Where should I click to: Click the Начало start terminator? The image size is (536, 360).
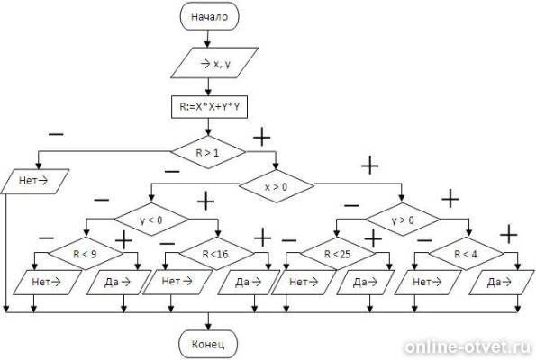pos(209,16)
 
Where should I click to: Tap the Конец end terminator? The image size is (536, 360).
pos(208,344)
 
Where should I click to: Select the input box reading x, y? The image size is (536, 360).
pos(214,63)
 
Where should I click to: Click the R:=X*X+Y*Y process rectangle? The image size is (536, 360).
pos(209,107)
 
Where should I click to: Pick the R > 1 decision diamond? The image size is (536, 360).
pos(208,152)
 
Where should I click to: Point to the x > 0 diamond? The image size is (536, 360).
pos(277,186)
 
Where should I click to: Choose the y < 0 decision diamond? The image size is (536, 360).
pos(151,220)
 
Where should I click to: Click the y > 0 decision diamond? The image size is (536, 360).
pos(403,220)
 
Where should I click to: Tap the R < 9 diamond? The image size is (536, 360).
pos(85,254)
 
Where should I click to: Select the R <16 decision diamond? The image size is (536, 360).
pos(216,254)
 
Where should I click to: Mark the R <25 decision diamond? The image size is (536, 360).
pos(338,254)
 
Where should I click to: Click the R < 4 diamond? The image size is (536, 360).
pos(467,254)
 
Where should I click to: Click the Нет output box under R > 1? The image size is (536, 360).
pos(35,181)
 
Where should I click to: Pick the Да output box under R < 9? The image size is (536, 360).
pos(119,282)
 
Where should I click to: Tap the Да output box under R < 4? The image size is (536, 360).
pos(501,282)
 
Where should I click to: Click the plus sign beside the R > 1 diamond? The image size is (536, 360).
pos(262,138)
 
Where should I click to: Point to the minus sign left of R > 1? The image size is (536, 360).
pos(56,135)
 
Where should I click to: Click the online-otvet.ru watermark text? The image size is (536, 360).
pos(468,347)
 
